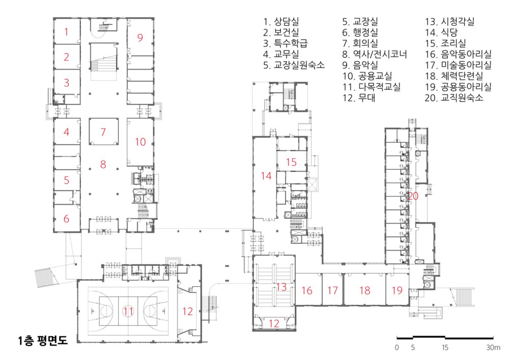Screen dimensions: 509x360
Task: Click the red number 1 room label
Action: pyautogui.click(x=66, y=32)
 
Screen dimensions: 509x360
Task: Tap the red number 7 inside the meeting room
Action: pyautogui.click(x=103, y=132)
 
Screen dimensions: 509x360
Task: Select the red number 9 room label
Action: pyautogui.click(x=140, y=38)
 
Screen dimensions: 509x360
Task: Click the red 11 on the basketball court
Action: pyautogui.click(x=128, y=311)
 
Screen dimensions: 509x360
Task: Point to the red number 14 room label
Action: pyautogui.click(x=266, y=176)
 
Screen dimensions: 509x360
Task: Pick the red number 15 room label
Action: pyautogui.click(x=292, y=162)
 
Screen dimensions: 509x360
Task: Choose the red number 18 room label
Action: pyautogui.click(x=365, y=290)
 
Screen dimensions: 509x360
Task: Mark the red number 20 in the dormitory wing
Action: pyautogui.click(x=413, y=196)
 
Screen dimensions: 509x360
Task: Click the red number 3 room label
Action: pyautogui.click(x=66, y=82)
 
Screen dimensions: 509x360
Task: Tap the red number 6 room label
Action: pyautogui.click(x=66, y=218)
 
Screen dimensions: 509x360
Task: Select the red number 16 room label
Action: pyautogui.click(x=307, y=290)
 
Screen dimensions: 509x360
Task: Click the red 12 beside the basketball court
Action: pyautogui.click(x=188, y=311)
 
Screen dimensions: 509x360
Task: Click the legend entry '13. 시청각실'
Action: pyautogui.click(x=449, y=22)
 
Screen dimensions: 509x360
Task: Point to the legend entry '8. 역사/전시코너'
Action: pyautogui.click(x=375, y=54)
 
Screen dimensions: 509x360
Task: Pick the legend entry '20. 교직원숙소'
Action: pyautogui.click(x=454, y=98)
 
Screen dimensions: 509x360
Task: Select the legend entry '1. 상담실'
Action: pyautogui.click(x=281, y=22)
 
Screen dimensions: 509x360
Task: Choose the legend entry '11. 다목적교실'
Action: pyautogui.click(x=372, y=87)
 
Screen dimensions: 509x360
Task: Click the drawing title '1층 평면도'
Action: pyautogui.click(x=43, y=340)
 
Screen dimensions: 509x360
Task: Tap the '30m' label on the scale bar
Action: pyautogui.click(x=493, y=348)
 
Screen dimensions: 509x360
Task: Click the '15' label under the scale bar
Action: pyautogui.click(x=445, y=348)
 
